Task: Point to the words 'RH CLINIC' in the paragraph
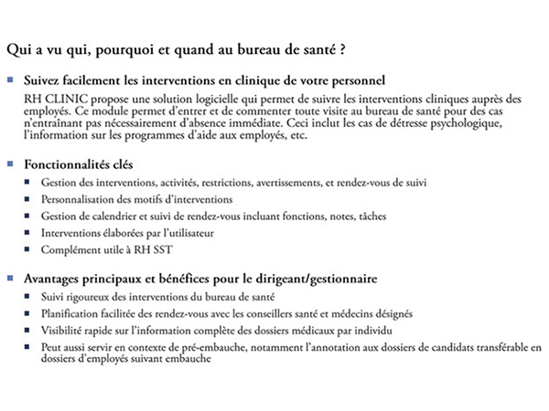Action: coord(51,97)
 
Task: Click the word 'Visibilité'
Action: coord(66,330)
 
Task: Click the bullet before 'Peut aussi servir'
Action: coord(29,347)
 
